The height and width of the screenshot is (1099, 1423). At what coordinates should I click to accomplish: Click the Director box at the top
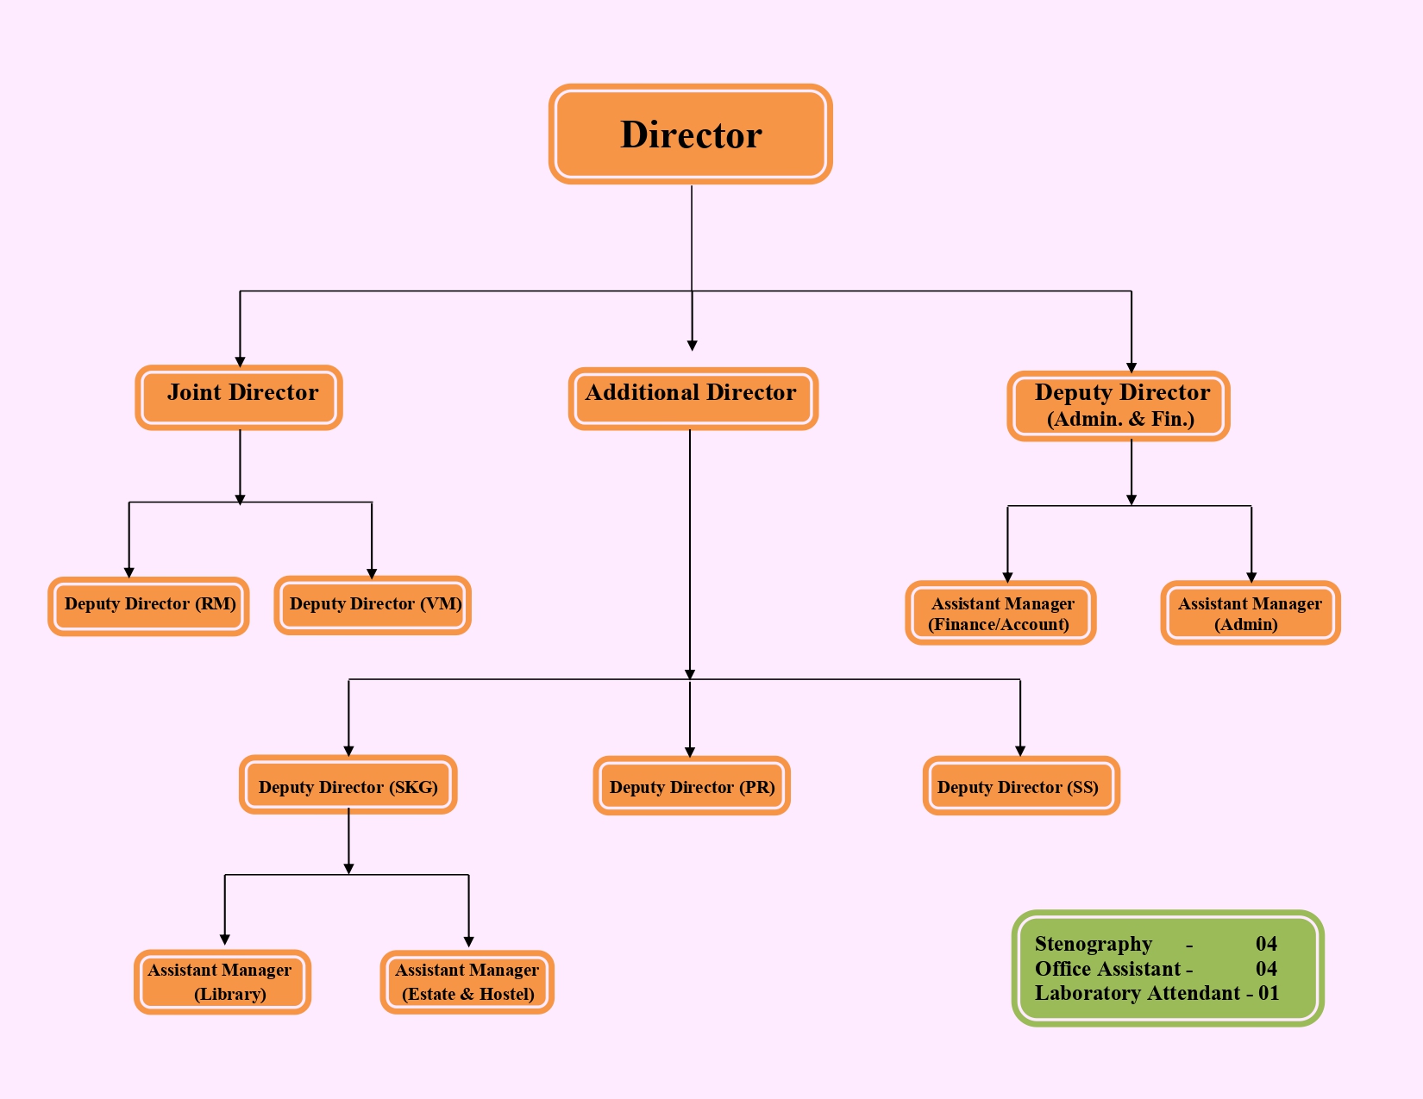point(691,134)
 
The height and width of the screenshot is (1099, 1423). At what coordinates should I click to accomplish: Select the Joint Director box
point(239,397)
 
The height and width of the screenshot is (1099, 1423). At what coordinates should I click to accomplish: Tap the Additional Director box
point(693,398)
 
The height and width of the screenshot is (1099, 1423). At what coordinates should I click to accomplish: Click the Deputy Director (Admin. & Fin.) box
point(1119,406)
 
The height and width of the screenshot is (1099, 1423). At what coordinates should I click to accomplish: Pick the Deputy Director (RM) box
point(148,606)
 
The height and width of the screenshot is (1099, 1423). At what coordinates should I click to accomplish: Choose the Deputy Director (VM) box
point(373,605)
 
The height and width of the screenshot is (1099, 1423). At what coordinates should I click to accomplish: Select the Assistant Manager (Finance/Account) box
point(1000,613)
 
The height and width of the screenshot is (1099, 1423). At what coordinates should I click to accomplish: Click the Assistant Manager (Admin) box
point(1250,613)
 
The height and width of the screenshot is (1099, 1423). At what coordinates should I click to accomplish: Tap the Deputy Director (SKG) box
point(348,785)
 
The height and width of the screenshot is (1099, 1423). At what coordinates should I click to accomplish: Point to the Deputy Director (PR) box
point(692,786)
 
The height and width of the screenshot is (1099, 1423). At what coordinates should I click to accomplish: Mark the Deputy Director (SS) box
point(1021,786)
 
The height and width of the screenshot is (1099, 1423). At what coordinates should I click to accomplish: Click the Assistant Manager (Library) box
point(222,982)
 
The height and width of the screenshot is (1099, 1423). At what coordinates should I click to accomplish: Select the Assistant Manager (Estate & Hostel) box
point(467,982)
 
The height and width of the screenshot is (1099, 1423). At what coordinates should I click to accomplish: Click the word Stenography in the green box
point(1093,944)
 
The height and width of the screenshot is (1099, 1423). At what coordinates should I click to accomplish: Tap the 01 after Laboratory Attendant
point(1269,993)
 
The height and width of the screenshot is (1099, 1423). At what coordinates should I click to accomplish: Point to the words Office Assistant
point(1107,969)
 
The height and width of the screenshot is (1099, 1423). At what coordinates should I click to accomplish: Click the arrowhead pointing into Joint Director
point(240,362)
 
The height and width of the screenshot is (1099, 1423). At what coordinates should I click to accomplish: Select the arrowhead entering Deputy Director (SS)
point(1020,751)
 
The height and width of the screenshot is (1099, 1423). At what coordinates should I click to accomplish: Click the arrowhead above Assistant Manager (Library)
point(224,940)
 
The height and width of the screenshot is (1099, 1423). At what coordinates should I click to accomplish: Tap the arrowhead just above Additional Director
point(692,345)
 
